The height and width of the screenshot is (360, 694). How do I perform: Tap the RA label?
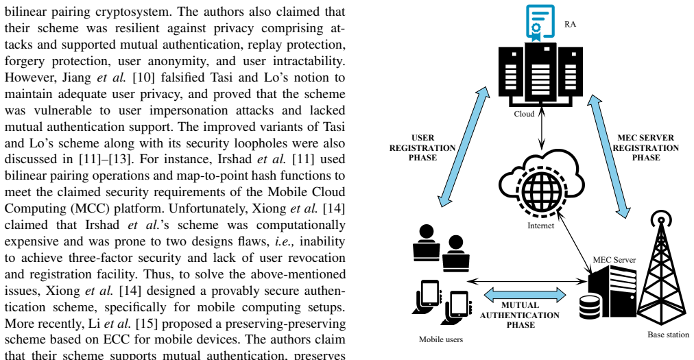(570, 25)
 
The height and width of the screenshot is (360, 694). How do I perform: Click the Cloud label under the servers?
(524, 114)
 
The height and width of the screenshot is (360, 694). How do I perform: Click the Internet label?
(540, 226)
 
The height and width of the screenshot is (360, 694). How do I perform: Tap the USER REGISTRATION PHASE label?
(422, 147)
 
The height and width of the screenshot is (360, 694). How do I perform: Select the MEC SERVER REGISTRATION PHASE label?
(646, 147)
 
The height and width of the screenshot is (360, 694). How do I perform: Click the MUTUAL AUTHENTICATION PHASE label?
(520, 315)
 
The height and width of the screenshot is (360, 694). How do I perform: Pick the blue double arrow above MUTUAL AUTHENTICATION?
(525, 294)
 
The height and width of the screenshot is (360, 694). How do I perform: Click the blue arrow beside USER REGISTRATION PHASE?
(463, 147)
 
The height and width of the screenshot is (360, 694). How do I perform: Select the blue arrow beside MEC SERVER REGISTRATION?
(609, 157)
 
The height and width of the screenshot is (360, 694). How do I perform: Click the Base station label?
(669, 335)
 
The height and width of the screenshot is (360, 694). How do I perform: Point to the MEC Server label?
(614, 260)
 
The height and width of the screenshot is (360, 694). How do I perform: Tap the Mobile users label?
(441, 339)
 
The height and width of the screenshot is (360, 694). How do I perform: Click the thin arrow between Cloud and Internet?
(541, 128)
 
